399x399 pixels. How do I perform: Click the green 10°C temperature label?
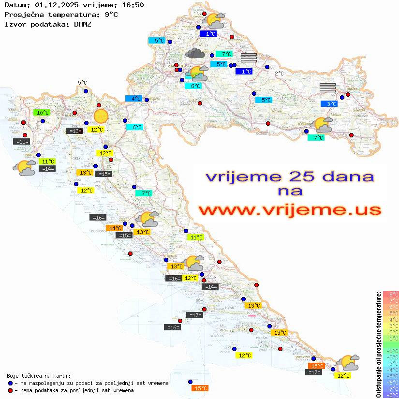(43, 113)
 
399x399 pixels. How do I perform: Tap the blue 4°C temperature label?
(133, 98)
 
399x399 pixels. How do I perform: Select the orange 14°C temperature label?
(115, 228)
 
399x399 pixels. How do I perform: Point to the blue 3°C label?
(331, 103)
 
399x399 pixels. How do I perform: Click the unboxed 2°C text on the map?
(280, 74)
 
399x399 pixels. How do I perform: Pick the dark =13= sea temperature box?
(74, 131)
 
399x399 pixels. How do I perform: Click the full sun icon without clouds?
(101, 116)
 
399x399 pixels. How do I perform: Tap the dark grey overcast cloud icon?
(195, 53)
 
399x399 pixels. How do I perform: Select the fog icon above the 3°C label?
(327, 88)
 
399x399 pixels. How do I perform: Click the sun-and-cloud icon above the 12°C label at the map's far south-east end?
(348, 362)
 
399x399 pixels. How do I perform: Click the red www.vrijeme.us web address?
(290, 210)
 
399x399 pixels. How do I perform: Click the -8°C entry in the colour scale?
(390, 395)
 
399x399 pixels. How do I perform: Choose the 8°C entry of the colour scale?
(390, 295)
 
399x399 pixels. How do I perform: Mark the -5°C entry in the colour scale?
(390, 376)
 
